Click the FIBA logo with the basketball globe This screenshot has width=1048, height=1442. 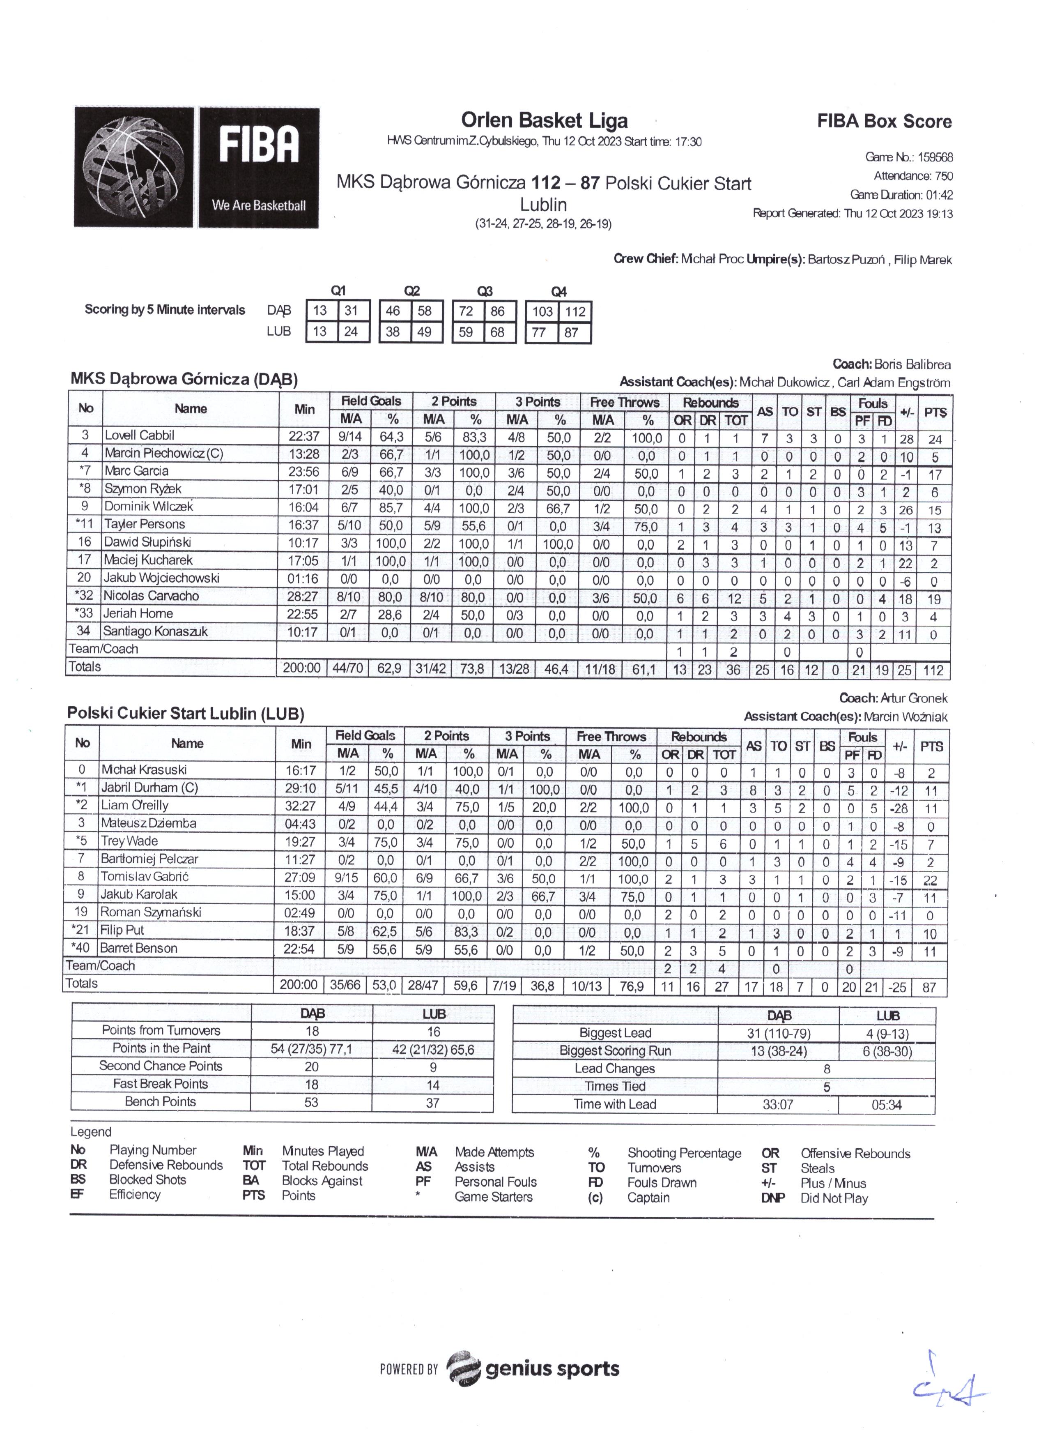pos(196,167)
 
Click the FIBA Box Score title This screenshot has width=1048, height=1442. pos(884,122)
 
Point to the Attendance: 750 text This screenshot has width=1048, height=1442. pos(912,176)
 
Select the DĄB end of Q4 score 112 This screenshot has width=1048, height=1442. pos(575,311)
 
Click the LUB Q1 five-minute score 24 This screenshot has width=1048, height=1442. pos(351,332)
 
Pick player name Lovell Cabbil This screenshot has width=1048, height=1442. pos(140,435)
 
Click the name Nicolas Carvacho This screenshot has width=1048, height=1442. pos(151,596)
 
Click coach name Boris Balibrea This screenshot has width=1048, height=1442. pos(912,365)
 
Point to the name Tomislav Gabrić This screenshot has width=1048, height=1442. pos(145,876)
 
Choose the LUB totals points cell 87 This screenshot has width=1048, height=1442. pos(929,987)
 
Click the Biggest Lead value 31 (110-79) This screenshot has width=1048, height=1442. pos(779,1033)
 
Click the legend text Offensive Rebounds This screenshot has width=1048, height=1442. pos(855,1153)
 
